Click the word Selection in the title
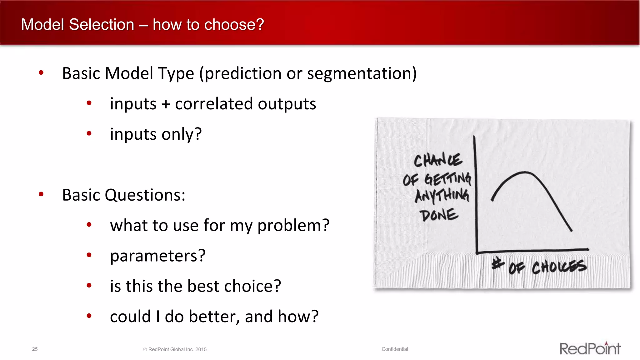102,24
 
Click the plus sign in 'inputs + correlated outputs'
166,104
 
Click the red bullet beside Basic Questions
41,194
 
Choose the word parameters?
158,256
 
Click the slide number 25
35,349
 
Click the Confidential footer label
394,349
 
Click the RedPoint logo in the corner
590,348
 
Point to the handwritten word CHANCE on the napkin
437,160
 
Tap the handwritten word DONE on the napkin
439,215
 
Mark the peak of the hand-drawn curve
525,172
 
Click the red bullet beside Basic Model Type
41,73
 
